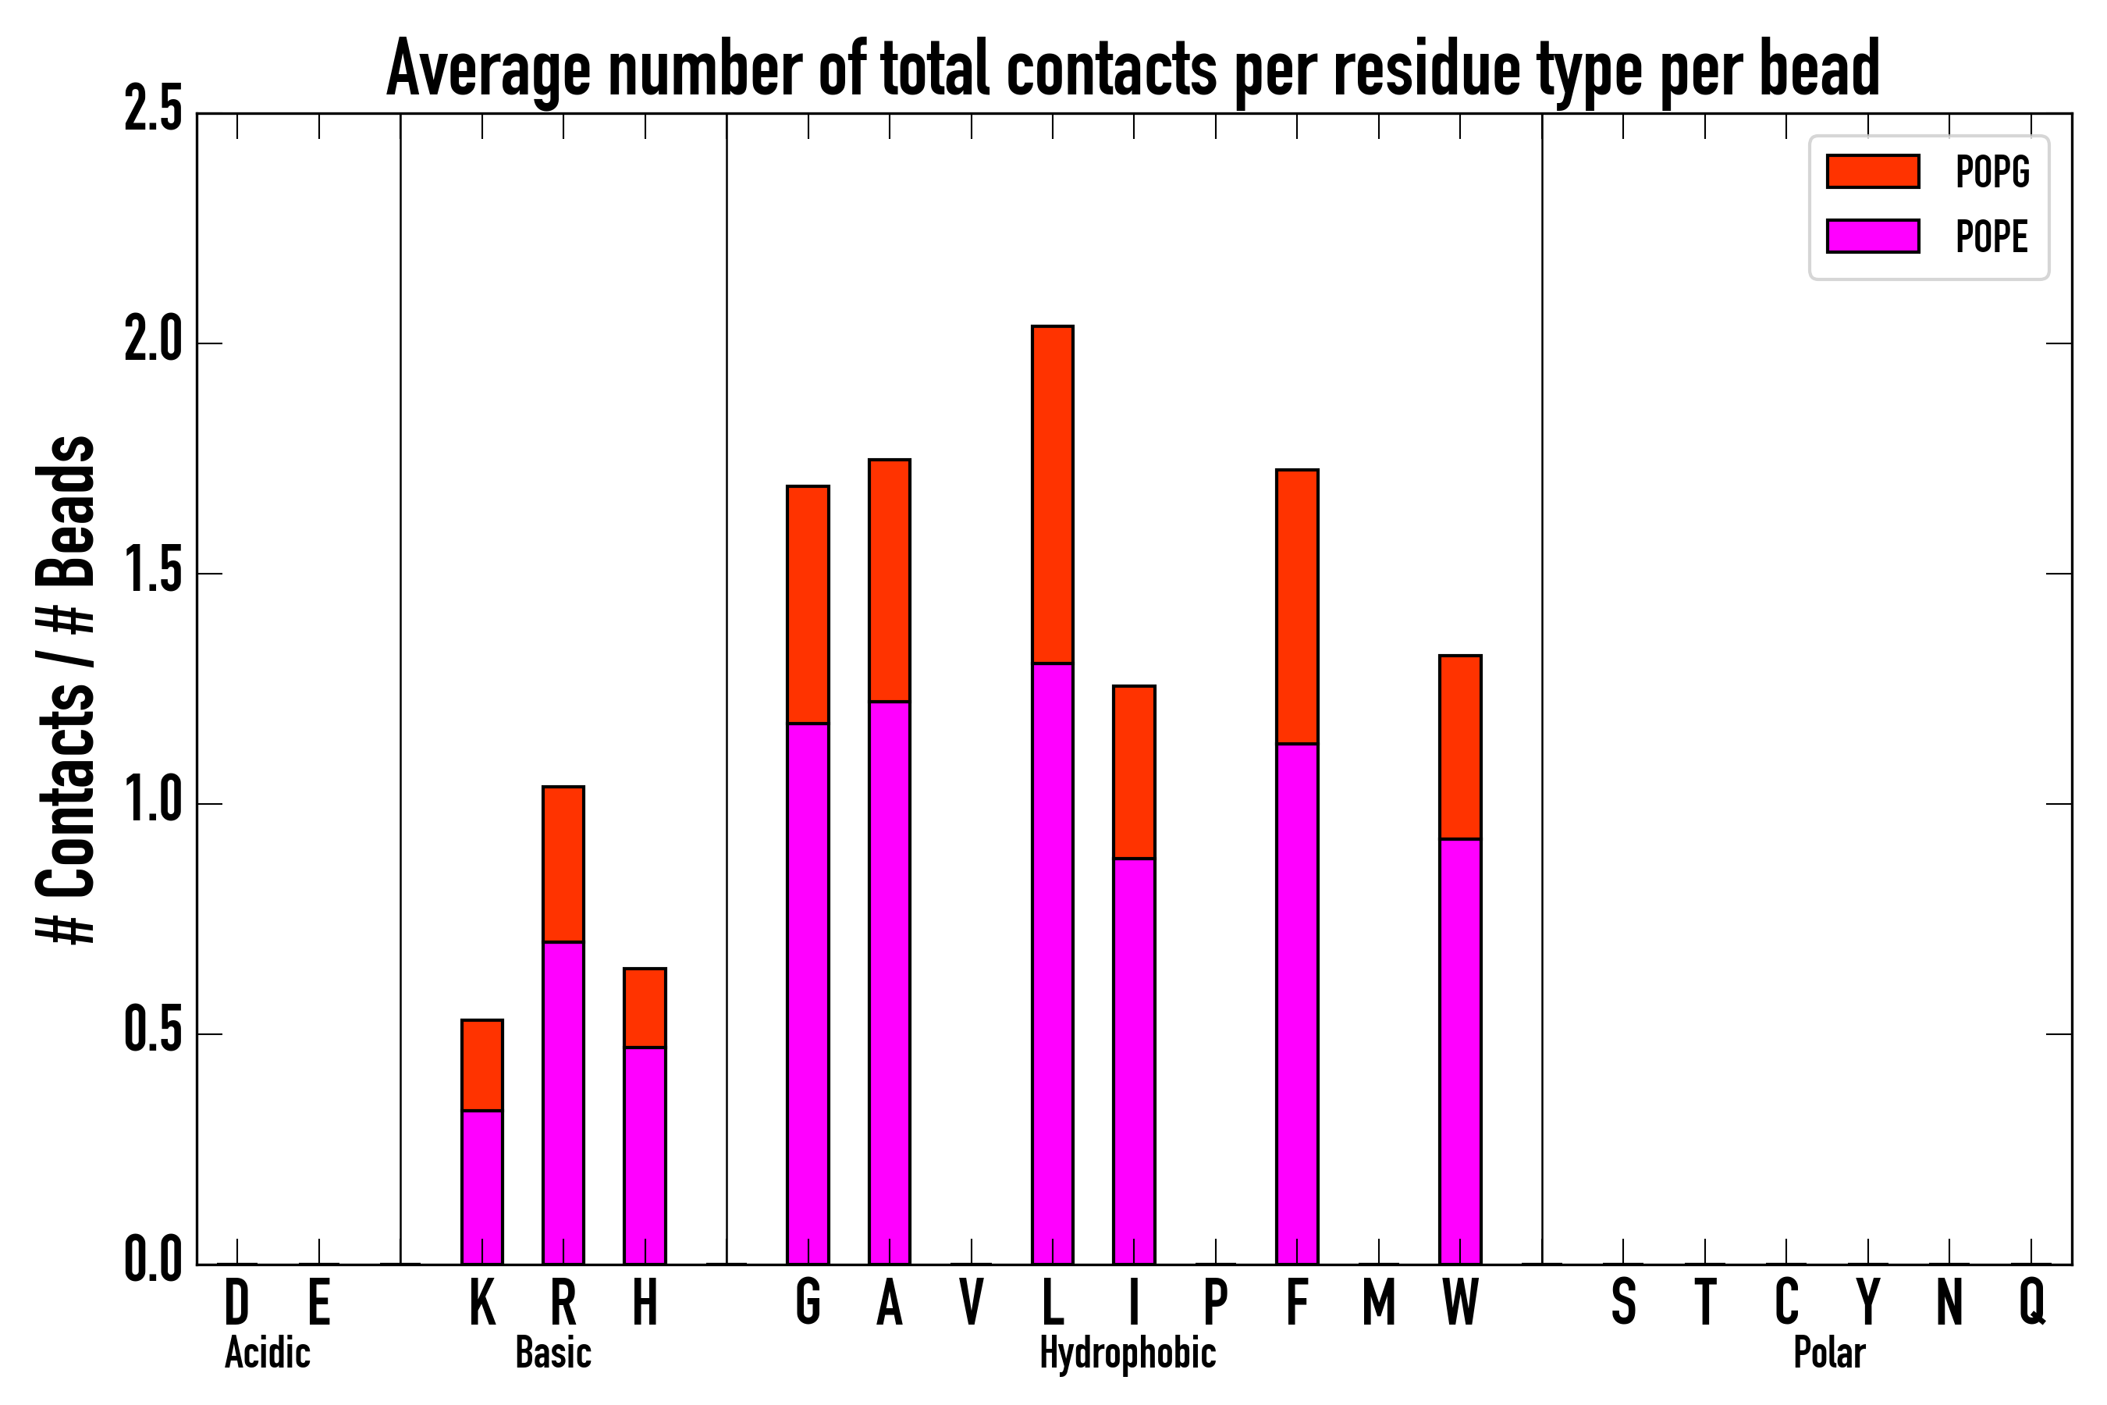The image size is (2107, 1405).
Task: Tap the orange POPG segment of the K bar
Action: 482,1065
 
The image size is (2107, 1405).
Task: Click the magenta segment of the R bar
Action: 563,1102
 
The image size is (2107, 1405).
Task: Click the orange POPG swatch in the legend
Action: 1872,171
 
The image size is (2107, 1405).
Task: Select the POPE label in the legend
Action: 1992,237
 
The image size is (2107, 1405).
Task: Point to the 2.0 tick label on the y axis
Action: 153,343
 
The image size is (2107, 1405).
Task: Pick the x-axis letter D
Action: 236,1302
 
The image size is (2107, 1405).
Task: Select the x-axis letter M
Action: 1379,1302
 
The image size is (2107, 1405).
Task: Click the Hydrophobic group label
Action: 1128,1353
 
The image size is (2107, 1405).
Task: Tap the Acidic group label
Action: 267,1353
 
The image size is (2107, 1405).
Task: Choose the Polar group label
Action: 1829,1353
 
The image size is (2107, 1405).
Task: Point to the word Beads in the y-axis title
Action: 67,510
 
